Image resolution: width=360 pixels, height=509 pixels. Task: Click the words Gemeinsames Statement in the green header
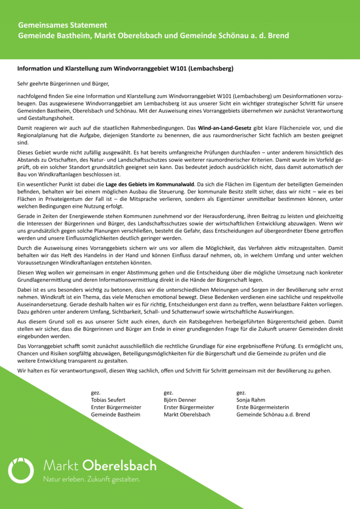coord(63,25)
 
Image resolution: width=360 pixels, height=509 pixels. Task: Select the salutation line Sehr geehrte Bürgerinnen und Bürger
coord(63,83)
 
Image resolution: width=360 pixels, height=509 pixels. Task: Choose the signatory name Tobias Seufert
coord(108,400)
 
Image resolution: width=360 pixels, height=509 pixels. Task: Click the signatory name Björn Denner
coord(180,400)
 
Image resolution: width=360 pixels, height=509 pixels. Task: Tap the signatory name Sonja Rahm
coord(251,400)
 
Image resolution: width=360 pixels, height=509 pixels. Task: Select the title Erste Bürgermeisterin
coord(262,407)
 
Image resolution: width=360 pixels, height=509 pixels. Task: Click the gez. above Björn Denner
coord(168,393)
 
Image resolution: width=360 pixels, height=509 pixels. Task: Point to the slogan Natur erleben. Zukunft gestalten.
coord(91,480)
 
